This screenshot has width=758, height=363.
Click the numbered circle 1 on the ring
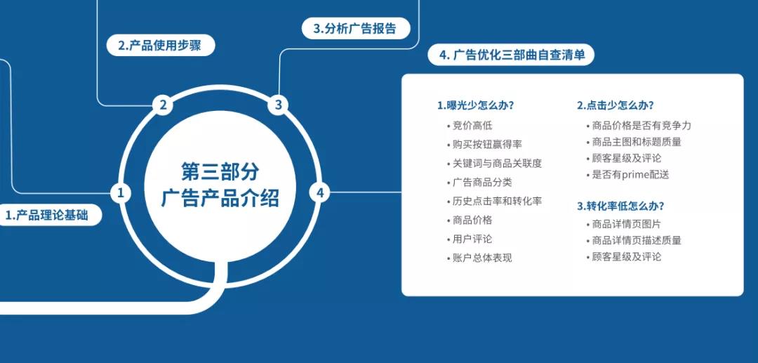[121, 193]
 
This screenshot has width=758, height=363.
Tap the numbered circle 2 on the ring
[163, 105]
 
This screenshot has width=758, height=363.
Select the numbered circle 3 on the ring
[278, 105]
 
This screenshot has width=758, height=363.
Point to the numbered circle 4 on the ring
[319, 193]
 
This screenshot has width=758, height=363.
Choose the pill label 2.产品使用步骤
[160, 46]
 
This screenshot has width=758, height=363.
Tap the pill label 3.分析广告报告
[356, 28]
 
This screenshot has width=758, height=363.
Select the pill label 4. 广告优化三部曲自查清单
[511, 55]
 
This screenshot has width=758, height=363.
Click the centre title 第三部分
[220, 171]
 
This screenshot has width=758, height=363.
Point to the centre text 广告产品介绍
[220, 198]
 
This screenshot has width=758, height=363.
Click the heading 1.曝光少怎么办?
[475, 105]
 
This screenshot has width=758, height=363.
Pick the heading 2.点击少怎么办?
[616, 105]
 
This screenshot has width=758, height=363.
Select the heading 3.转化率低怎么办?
[620, 206]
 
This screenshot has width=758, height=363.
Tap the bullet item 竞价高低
[470, 126]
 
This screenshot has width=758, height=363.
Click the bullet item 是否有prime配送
[627, 175]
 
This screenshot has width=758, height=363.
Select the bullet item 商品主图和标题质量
[634, 142]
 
